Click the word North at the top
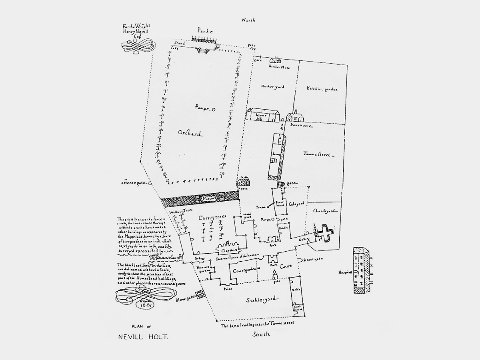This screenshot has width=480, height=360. click(248, 20)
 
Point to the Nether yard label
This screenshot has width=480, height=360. click(272, 86)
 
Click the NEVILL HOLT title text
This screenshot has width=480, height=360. click(143, 337)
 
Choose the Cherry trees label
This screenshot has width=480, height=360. click(212, 217)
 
